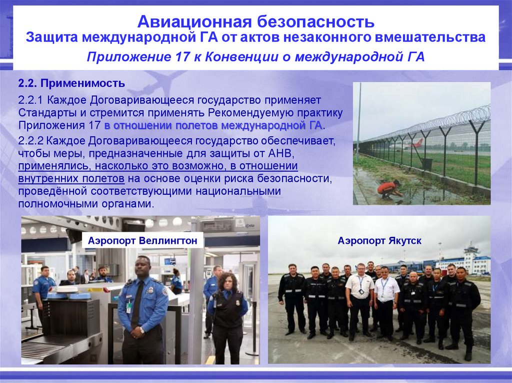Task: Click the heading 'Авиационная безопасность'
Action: coord(255,21)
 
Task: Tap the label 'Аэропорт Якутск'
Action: coord(379,241)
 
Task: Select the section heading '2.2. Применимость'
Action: coord(71,82)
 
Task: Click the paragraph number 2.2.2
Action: coord(32,141)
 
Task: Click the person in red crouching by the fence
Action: coord(389,188)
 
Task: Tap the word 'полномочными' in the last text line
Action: coord(52,204)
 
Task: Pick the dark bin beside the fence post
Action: coord(426,163)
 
